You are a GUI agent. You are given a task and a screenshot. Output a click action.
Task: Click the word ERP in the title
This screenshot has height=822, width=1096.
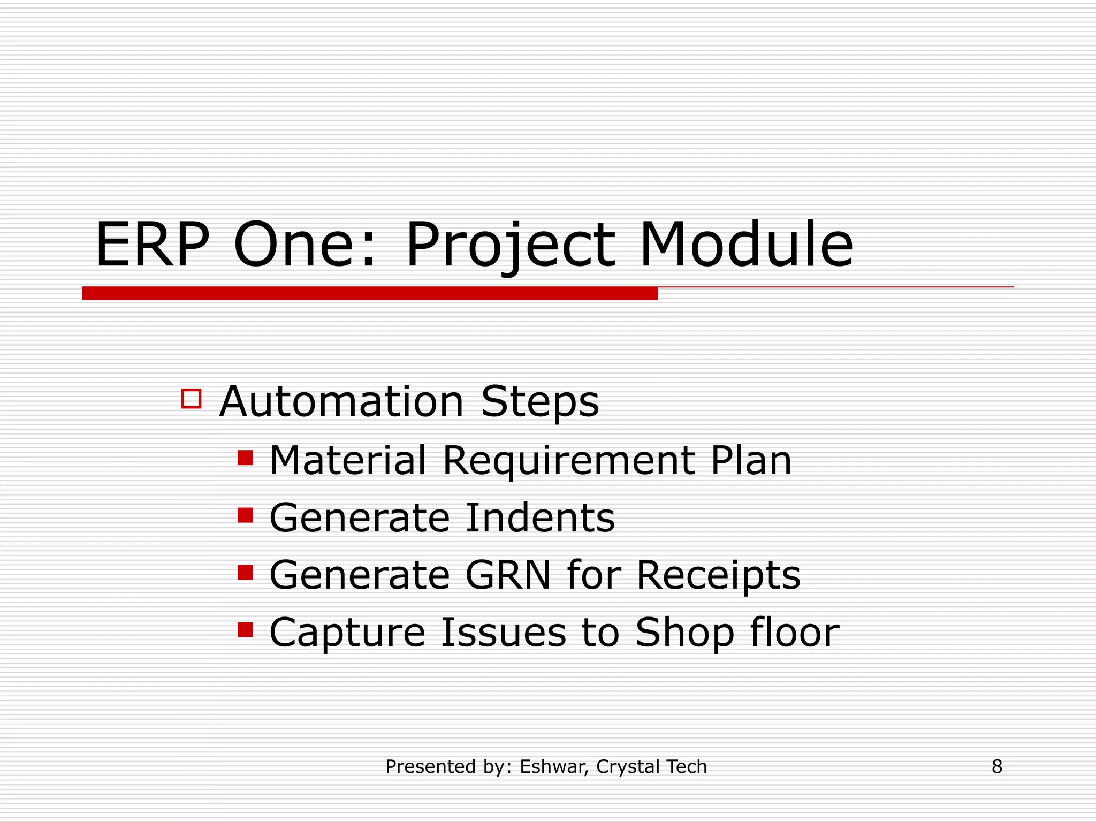(152, 246)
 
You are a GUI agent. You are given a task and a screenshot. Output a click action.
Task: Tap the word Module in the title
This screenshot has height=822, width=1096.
(746, 246)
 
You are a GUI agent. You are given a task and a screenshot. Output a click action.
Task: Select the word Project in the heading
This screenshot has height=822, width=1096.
(511, 246)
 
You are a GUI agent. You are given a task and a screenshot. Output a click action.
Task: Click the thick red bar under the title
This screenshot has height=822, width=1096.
(369, 293)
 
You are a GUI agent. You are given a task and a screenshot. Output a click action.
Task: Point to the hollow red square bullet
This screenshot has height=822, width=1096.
(191, 399)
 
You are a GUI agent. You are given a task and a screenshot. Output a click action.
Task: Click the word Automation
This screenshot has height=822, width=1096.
(341, 402)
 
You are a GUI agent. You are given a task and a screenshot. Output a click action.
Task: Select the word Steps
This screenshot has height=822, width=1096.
(539, 402)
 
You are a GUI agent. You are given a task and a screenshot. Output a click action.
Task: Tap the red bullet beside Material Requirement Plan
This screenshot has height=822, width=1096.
(245, 458)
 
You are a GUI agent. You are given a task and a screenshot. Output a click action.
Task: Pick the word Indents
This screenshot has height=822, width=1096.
(541, 518)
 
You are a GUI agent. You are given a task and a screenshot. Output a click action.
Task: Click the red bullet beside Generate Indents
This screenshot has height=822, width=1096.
(245, 515)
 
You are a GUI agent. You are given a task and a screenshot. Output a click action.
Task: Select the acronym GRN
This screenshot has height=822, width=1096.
(508, 575)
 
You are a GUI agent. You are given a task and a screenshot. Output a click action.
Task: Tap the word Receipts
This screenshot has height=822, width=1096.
(718, 575)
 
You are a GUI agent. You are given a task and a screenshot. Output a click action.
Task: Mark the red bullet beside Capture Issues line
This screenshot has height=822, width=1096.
(245, 629)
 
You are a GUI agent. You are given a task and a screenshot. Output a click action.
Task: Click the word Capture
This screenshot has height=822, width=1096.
(347, 633)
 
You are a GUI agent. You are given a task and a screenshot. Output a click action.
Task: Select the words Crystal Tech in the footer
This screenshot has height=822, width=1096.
(651, 767)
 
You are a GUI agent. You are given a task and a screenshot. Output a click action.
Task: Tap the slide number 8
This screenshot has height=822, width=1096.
(996, 767)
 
